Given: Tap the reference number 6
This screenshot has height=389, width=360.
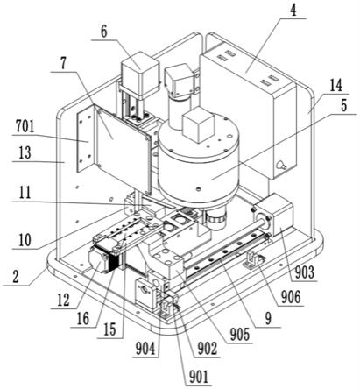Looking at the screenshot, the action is tap(104, 32).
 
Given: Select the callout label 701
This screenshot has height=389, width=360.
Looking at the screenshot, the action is tap(25, 127).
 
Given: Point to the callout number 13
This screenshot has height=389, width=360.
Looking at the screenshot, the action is tap(25, 152).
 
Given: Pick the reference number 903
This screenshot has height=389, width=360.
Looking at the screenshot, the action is tap(304, 272).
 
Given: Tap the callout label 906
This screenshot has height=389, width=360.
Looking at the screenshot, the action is tap(291, 297).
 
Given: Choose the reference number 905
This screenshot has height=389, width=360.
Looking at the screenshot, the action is tap(240, 335).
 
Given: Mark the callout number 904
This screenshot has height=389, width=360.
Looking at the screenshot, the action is tap(145, 349).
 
